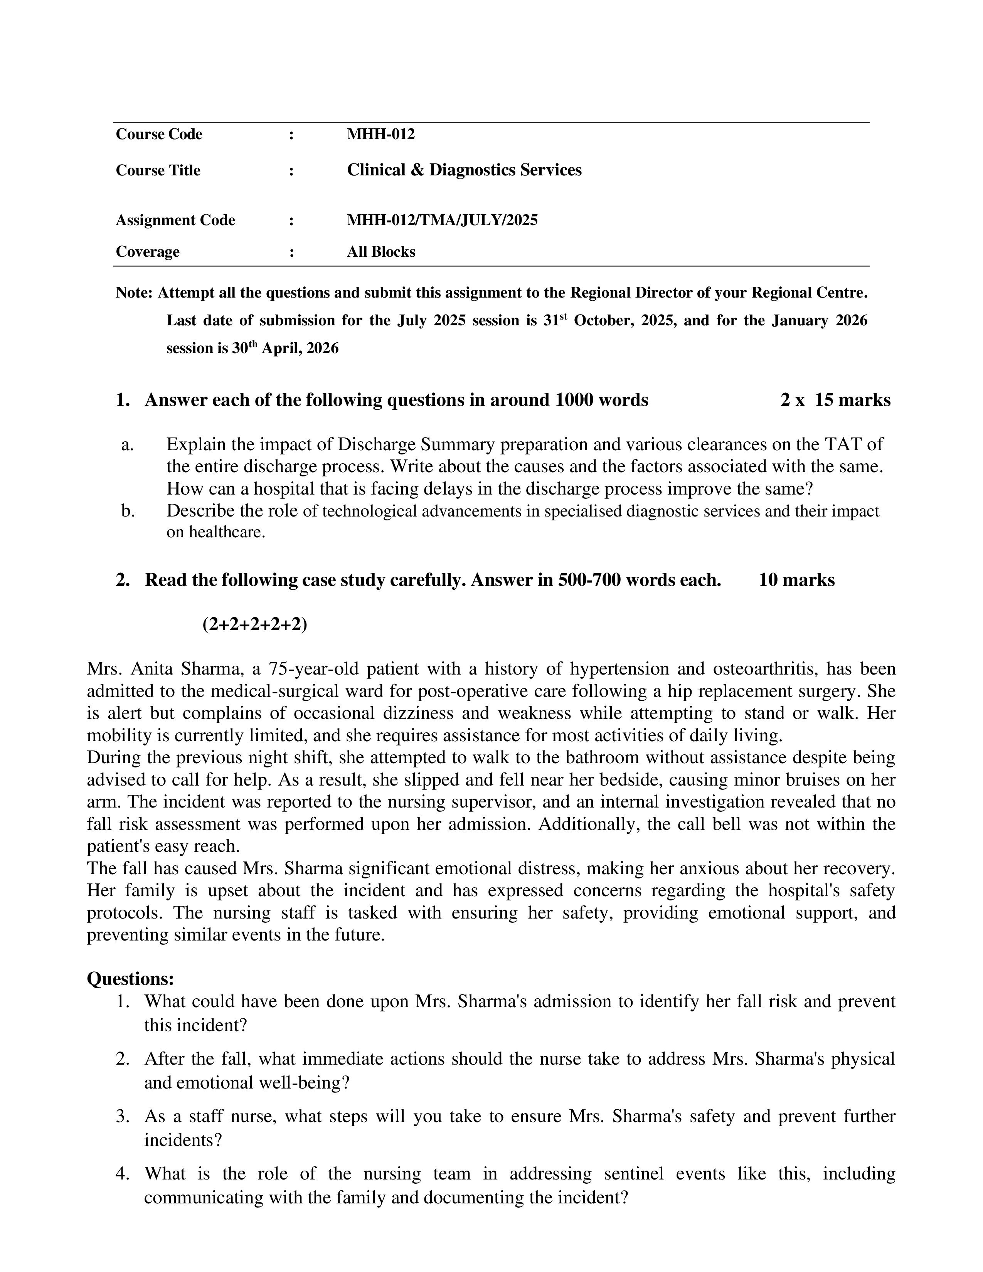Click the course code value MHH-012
[381, 135]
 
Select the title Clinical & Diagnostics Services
[464, 170]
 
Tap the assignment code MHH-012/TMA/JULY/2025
[442, 220]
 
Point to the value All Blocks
[381, 252]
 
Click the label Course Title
[158, 171]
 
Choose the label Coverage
[147, 252]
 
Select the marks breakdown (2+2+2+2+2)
[254, 624]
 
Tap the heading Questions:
[130, 979]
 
